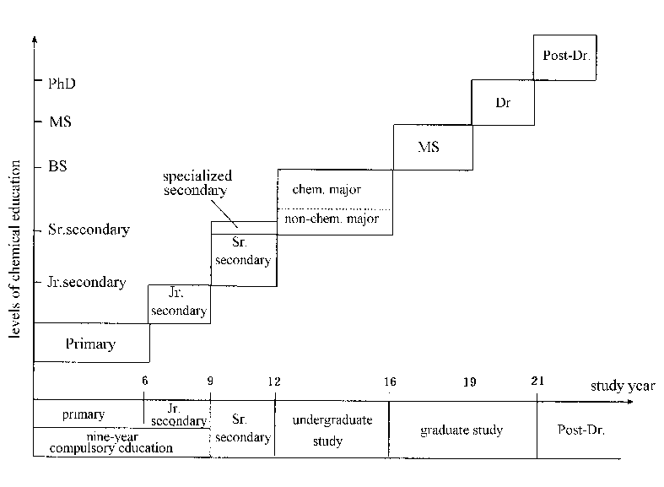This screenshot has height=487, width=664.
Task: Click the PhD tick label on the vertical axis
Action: click(x=62, y=84)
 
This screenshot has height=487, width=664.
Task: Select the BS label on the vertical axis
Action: click(x=57, y=166)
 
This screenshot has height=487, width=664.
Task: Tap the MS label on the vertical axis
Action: click(x=60, y=122)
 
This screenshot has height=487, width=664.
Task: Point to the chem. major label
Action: click(x=327, y=189)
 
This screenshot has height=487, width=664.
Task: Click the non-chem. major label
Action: click(x=332, y=219)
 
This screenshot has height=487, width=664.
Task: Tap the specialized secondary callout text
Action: click(x=197, y=183)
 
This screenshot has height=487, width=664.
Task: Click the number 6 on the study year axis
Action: click(x=145, y=381)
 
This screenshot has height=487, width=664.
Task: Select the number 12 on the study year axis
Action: click(x=274, y=381)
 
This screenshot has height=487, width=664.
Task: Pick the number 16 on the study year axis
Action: click(x=390, y=381)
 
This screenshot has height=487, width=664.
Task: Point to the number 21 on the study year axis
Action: click(x=537, y=381)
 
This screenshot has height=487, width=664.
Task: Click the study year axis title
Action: click(x=623, y=387)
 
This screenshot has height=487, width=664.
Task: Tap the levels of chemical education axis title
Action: click(x=15, y=249)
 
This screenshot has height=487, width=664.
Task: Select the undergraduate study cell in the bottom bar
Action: click(x=332, y=430)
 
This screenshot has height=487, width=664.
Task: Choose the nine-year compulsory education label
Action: click(x=111, y=442)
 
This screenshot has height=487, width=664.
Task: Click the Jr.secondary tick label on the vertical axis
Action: click(x=87, y=282)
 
